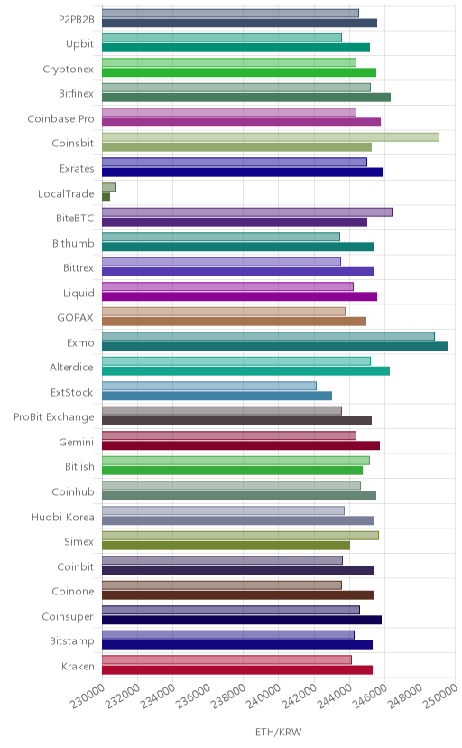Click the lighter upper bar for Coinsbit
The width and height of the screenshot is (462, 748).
pos(271,137)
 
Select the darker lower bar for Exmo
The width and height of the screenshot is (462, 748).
pos(275,346)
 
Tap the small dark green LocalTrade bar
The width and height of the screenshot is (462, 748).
pos(106,197)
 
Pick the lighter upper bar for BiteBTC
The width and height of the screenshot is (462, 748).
pos(247,212)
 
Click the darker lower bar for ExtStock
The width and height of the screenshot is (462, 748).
pos(217,396)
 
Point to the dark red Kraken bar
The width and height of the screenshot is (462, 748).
pos(237,669)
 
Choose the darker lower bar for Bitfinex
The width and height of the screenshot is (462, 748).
pos(246,98)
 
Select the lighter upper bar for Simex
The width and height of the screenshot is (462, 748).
pos(240,535)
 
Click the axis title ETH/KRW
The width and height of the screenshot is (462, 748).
pos(279,733)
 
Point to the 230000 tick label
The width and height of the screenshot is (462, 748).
pos(88,696)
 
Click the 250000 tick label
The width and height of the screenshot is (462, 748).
pos(439,696)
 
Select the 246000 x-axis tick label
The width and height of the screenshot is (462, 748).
pos(369,696)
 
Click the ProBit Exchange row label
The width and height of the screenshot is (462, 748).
pos(54,417)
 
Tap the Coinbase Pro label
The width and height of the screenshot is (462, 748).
pos(61,118)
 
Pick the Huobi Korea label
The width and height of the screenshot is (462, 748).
pos(63,517)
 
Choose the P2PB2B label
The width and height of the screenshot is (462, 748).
pos(77,20)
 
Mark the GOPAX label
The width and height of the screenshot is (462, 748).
pos(75,318)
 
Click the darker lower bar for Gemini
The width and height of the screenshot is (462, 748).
pos(241,445)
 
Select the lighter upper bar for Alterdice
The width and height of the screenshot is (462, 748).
pos(236,361)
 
